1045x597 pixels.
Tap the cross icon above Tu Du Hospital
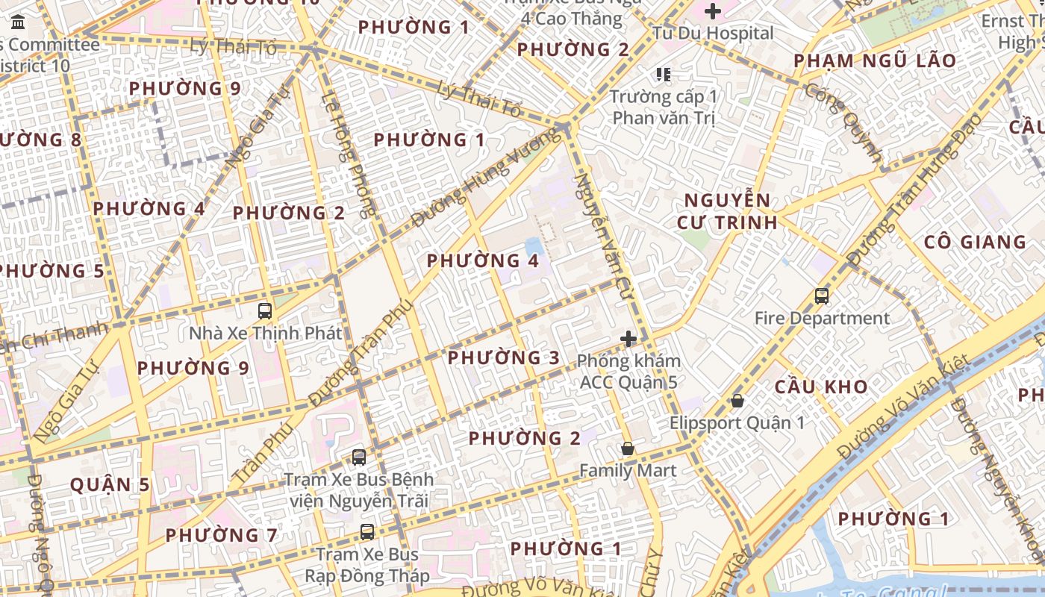pyautogui.click(x=713, y=11)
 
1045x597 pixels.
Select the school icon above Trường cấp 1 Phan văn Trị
pyautogui.click(x=663, y=74)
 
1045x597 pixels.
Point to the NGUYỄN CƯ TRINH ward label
pyautogui.click(x=728, y=211)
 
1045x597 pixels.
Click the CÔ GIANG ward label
pyautogui.click(x=975, y=242)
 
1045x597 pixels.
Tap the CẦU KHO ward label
pyautogui.click(x=821, y=387)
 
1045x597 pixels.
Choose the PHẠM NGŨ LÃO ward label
pyautogui.click(x=874, y=60)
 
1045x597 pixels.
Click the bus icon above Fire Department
pyautogui.click(x=822, y=296)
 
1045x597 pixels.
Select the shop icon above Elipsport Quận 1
pyautogui.click(x=737, y=401)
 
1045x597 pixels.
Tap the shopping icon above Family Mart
pyautogui.click(x=628, y=448)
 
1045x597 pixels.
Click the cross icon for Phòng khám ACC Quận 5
pyautogui.click(x=628, y=339)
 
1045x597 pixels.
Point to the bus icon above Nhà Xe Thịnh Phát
pyautogui.click(x=265, y=310)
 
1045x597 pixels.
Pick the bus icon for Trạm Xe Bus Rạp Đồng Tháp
pyautogui.click(x=366, y=532)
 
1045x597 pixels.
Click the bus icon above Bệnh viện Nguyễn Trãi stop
pyautogui.click(x=359, y=457)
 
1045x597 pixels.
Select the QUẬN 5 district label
pyautogui.click(x=110, y=484)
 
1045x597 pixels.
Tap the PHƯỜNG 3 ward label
pyautogui.click(x=503, y=357)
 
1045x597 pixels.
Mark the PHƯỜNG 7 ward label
pyautogui.click(x=221, y=535)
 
